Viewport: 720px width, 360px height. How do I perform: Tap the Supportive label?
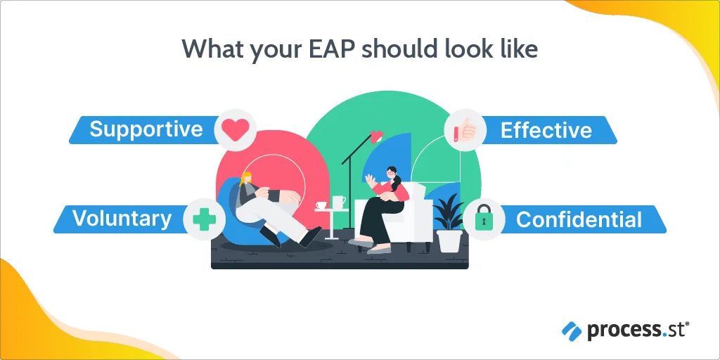pos(146,129)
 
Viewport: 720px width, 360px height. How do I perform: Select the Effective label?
pos(546,130)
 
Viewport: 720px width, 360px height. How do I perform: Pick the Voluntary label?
pos(122,219)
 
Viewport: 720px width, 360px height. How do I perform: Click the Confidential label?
pos(579,219)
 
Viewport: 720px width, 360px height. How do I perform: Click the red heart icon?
pos(235,130)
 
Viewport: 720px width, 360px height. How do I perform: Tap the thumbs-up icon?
pos(465,129)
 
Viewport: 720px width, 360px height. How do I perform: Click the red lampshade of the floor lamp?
pos(377,136)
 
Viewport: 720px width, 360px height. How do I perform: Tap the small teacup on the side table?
pos(321,205)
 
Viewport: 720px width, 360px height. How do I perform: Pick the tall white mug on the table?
pos(338,202)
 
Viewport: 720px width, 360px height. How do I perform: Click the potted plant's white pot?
pos(449,240)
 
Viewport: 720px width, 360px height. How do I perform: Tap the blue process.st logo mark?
pos(572,331)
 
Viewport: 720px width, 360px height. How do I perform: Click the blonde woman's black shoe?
pos(310,236)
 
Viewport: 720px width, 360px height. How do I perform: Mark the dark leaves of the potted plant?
pos(449,211)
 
